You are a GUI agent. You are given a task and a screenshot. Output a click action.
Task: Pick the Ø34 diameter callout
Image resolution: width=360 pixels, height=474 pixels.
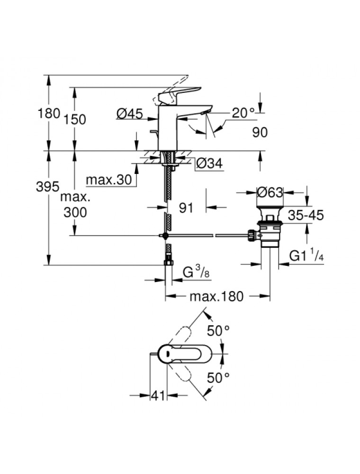click(x=209, y=164)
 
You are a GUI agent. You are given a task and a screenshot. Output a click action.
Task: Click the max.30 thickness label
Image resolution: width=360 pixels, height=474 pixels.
click(x=109, y=180)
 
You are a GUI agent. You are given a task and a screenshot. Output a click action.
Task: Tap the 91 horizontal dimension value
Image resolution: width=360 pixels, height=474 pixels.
click(x=186, y=208)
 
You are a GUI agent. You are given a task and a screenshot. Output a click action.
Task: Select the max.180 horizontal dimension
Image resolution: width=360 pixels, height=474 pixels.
click(x=216, y=297)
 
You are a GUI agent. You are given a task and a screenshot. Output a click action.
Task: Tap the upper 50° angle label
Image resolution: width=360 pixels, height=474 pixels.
click(x=218, y=331)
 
